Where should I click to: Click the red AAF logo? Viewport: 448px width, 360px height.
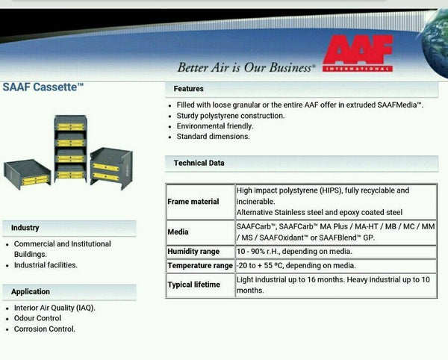(x=358, y=53)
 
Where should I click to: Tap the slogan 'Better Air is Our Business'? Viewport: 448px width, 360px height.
(x=246, y=67)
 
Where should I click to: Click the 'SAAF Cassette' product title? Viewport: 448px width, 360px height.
(x=43, y=87)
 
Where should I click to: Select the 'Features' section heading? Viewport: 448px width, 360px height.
(x=189, y=89)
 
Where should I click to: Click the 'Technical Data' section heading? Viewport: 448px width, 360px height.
(x=199, y=163)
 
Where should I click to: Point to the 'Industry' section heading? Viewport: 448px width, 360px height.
(x=25, y=228)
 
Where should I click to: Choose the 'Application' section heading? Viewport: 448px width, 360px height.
(x=31, y=292)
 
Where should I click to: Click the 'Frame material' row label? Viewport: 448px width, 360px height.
(x=193, y=202)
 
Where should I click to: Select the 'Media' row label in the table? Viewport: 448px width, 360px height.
(x=178, y=232)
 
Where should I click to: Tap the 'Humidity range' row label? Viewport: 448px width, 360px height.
(x=193, y=252)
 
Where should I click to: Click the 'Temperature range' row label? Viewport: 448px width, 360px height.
(x=200, y=265)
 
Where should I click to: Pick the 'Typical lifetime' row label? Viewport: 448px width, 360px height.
(x=193, y=285)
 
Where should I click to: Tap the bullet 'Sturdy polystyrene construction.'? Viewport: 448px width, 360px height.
(x=231, y=116)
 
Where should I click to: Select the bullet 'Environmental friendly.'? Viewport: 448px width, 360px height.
(x=215, y=126)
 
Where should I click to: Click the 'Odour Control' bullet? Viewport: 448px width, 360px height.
(x=37, y=318)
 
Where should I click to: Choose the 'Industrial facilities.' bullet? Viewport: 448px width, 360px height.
(x=46, y=265)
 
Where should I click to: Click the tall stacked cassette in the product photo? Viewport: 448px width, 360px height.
(x=70, y=149)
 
